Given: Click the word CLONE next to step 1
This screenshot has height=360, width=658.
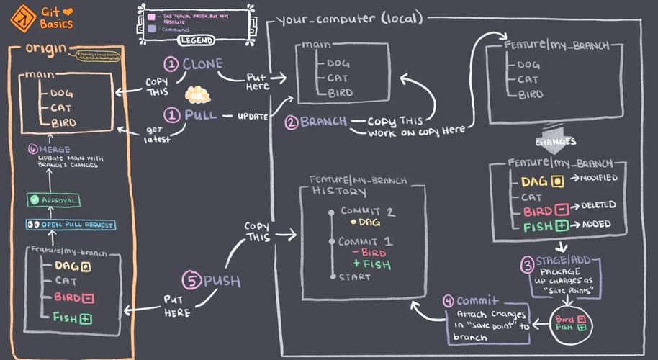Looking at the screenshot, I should click(202, 64).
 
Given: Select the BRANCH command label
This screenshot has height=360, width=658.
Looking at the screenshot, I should click(323, 122).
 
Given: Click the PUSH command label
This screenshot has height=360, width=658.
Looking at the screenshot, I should click(221, 281).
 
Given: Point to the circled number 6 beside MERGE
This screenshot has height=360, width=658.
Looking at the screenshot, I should click(32, 149).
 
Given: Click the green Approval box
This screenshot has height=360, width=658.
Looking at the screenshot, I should click(54, 199).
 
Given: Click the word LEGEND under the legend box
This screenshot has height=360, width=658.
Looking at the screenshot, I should click(195, 41).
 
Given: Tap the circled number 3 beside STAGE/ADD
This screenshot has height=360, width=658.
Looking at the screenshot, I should click(526, 263).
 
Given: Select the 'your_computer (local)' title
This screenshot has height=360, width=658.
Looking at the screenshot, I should click(349, 19).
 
